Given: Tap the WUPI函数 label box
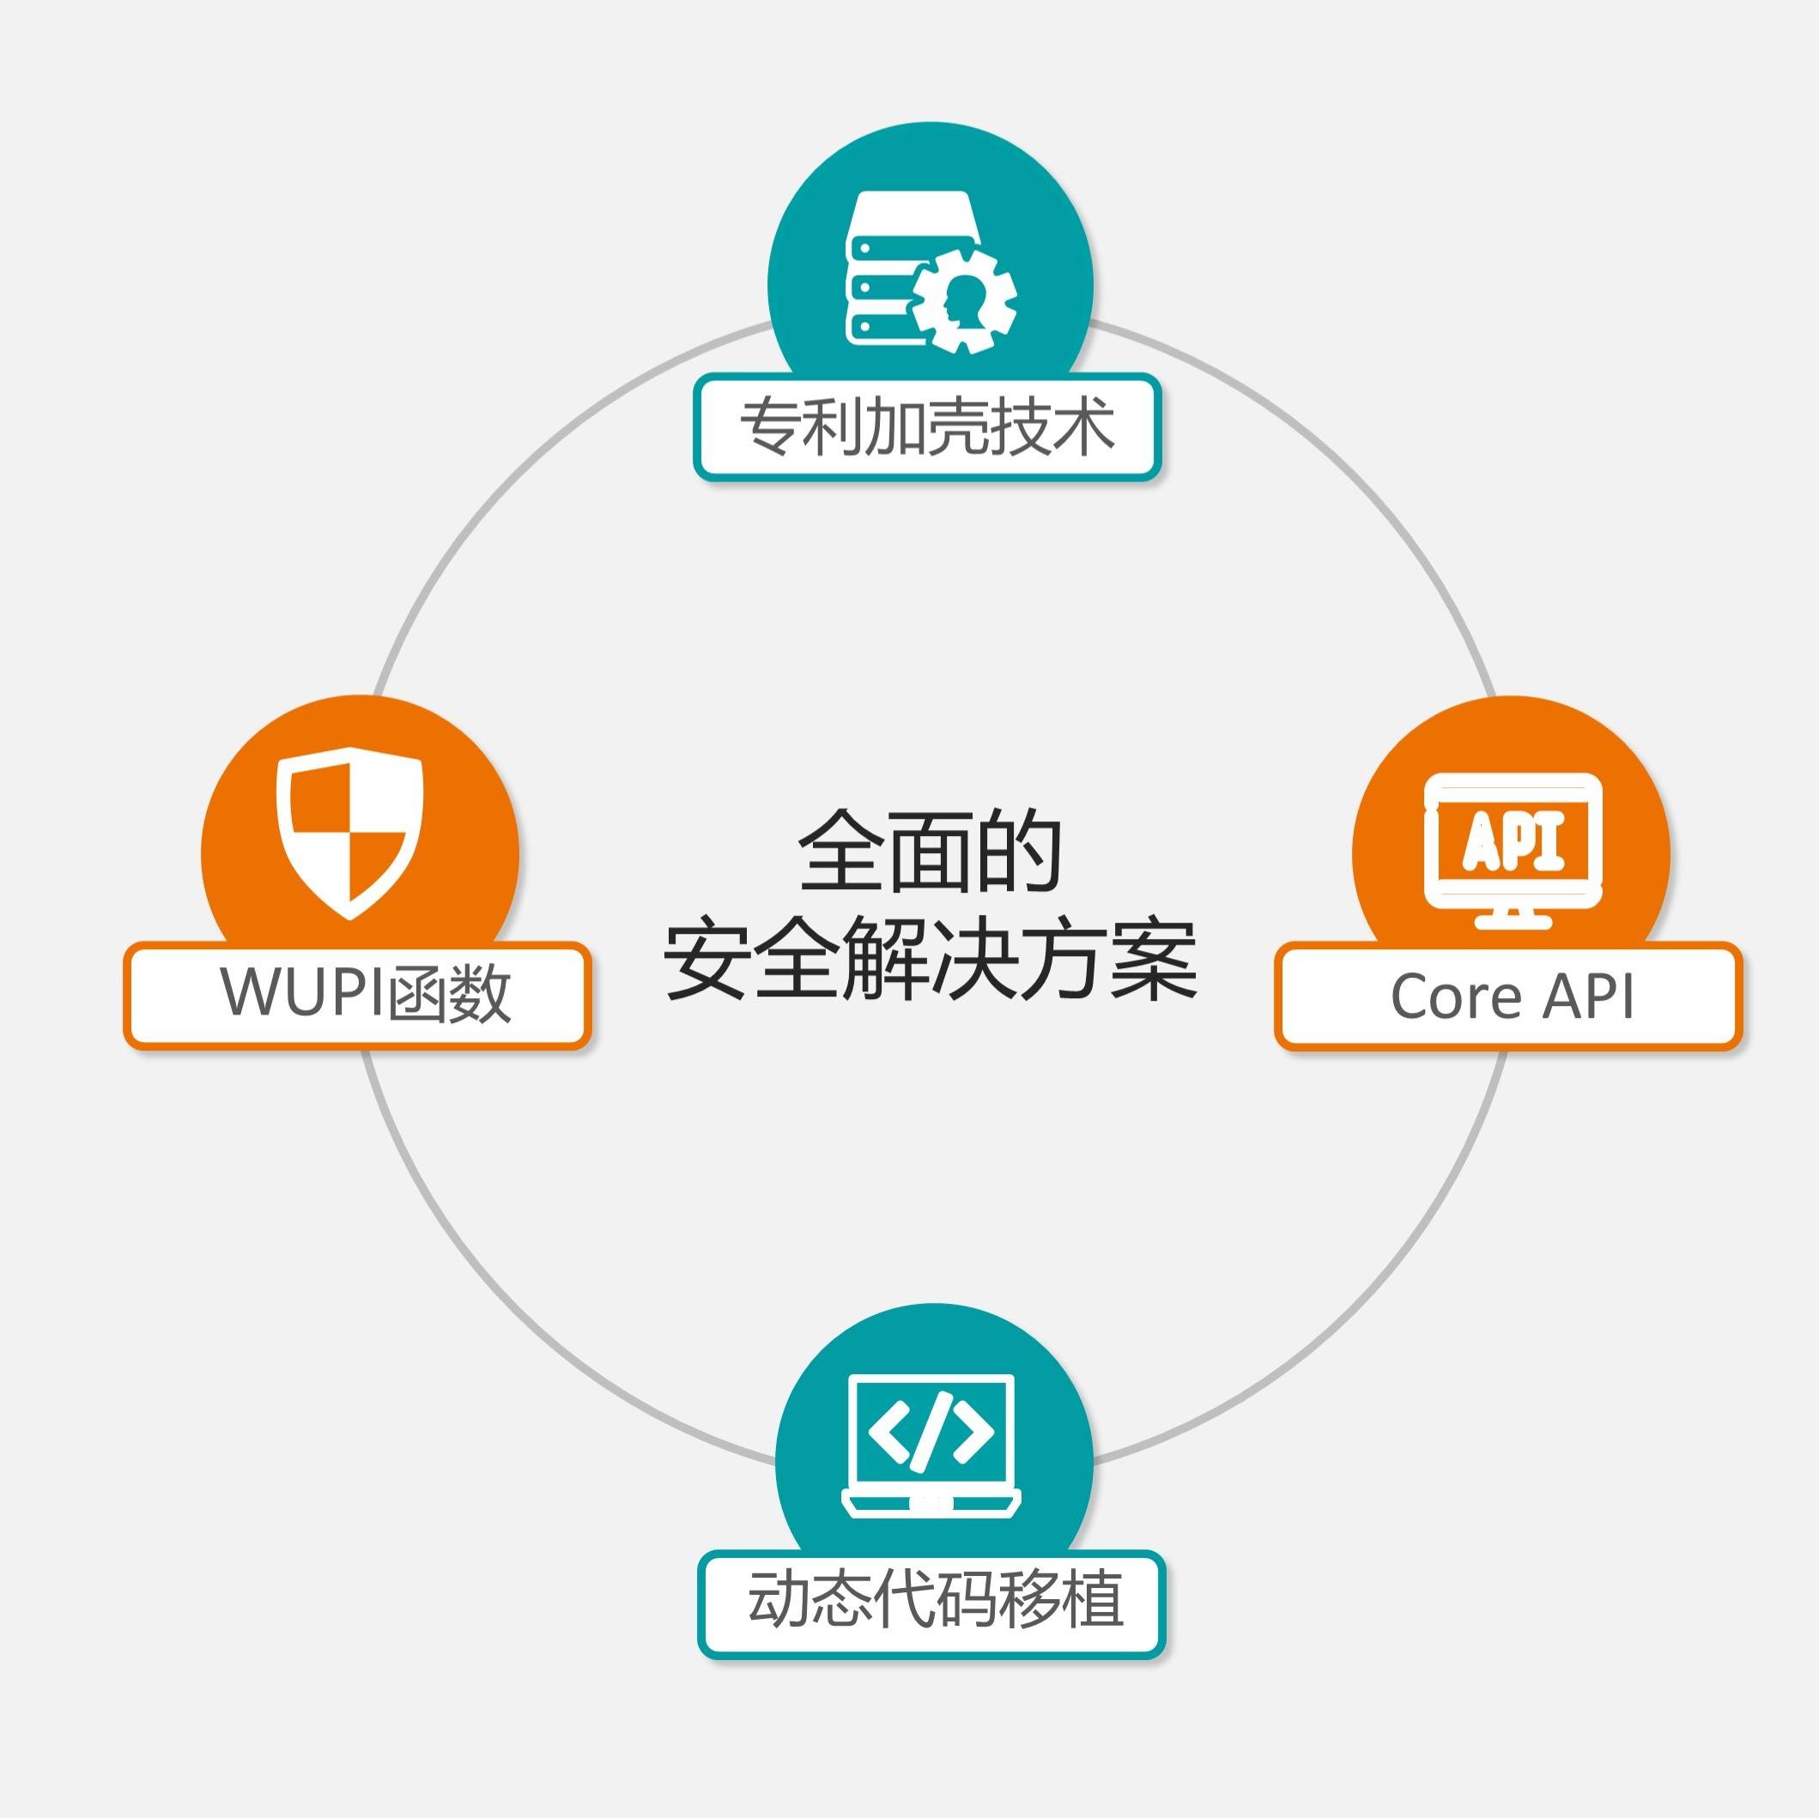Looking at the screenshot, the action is [x=357, y=995].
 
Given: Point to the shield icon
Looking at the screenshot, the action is [x=350, y=833].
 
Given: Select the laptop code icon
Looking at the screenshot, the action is [x=931, y=1445].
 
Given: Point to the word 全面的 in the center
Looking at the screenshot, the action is [x=930, y=851].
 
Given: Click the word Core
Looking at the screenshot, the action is [x=1455, y=996].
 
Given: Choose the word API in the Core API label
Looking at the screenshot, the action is [x=1588, y=995].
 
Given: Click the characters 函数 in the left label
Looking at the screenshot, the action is [x=450, y=994].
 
